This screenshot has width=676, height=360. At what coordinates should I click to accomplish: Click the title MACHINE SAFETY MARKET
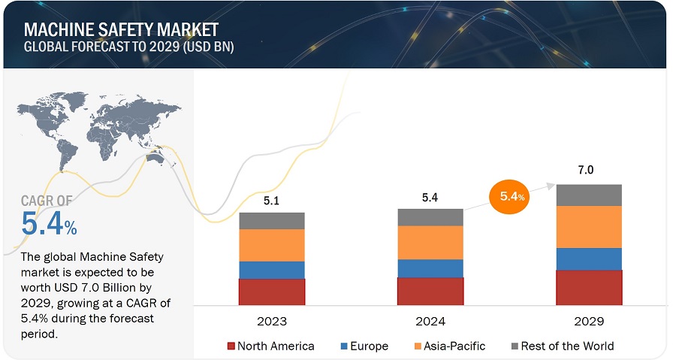pos(121,30)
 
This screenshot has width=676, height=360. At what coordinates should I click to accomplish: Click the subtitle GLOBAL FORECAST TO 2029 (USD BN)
pos(130,47)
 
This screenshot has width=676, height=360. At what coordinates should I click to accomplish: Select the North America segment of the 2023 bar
pos(272,292)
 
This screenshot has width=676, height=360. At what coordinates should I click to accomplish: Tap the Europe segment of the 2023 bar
pos(272,270)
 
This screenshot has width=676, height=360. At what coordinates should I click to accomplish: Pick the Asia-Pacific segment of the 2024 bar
pos(430,242)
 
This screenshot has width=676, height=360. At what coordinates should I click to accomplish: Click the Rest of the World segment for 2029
pos(589,195)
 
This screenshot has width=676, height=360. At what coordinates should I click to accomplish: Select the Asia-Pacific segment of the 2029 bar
pos(589,226)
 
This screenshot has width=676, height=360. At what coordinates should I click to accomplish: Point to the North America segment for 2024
pos(430,291)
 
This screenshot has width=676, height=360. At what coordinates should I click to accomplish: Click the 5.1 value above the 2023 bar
pos(272,201)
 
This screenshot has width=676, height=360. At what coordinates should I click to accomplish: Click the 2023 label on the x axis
pos(272,321)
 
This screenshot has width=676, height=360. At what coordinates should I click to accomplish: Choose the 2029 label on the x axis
pos(589,321)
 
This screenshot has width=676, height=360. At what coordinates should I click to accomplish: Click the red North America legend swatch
pos(231,346)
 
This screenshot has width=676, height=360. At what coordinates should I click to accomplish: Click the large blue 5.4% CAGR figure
pos(49,223)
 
